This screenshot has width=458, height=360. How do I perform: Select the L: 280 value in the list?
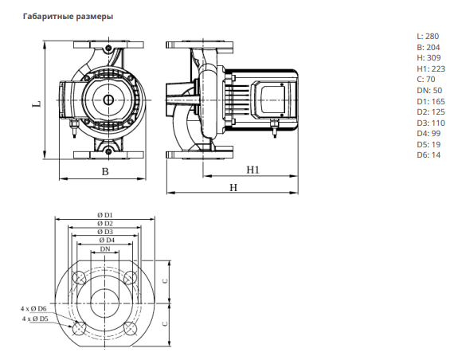click(x=428, y=36)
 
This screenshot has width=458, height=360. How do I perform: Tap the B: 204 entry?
click(x=429, y=47)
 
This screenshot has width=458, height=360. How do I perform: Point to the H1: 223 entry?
click(x=431, y=69)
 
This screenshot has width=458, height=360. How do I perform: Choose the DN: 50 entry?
click(x=429, y=91)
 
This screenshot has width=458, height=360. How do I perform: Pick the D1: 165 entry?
click(x=431, y=102)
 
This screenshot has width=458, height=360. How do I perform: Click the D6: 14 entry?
click(x=429, y=155)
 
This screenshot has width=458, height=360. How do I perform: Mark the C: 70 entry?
click(x=426, y=80)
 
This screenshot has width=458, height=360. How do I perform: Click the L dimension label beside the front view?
click(x=37, y=104)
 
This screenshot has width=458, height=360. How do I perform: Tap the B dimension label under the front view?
click(x=105, y=171)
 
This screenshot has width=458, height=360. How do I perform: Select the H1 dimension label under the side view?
click(x=253, y=170)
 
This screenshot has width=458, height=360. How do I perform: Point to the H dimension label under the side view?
click(x=233, y=187)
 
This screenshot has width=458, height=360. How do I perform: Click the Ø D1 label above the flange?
click(x=105, y=215)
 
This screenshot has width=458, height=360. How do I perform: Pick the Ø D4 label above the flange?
click(x=107, y=240)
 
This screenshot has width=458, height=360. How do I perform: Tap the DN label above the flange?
click(x=105, y=249)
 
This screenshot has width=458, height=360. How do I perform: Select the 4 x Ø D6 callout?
click(x=33, y=308)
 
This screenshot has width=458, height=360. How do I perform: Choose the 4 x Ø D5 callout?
click(x=35, y=319)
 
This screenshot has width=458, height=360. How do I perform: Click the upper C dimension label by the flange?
click(x=166, y=281)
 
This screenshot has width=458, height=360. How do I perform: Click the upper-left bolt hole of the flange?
click(x=79, y=278)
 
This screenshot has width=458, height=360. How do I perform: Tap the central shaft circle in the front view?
click(x=108, y=100)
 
